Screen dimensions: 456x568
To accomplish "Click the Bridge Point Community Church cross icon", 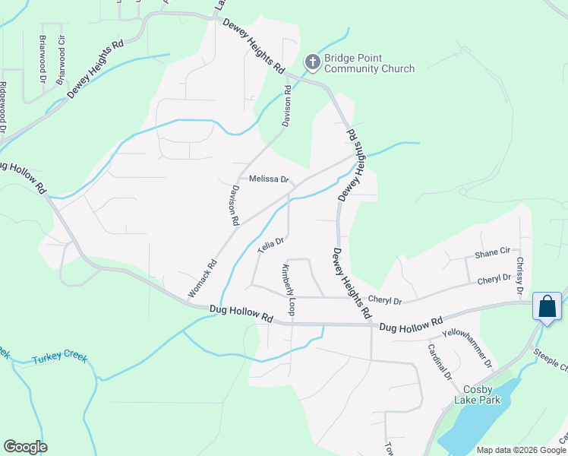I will (x=312, y=62).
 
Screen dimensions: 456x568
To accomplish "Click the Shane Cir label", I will (x=492, y=251).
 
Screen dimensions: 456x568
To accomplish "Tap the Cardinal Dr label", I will (x=440, y=363).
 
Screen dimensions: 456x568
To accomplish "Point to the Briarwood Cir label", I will (x=62, y=51).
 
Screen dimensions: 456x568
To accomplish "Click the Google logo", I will (x=26, y=447).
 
